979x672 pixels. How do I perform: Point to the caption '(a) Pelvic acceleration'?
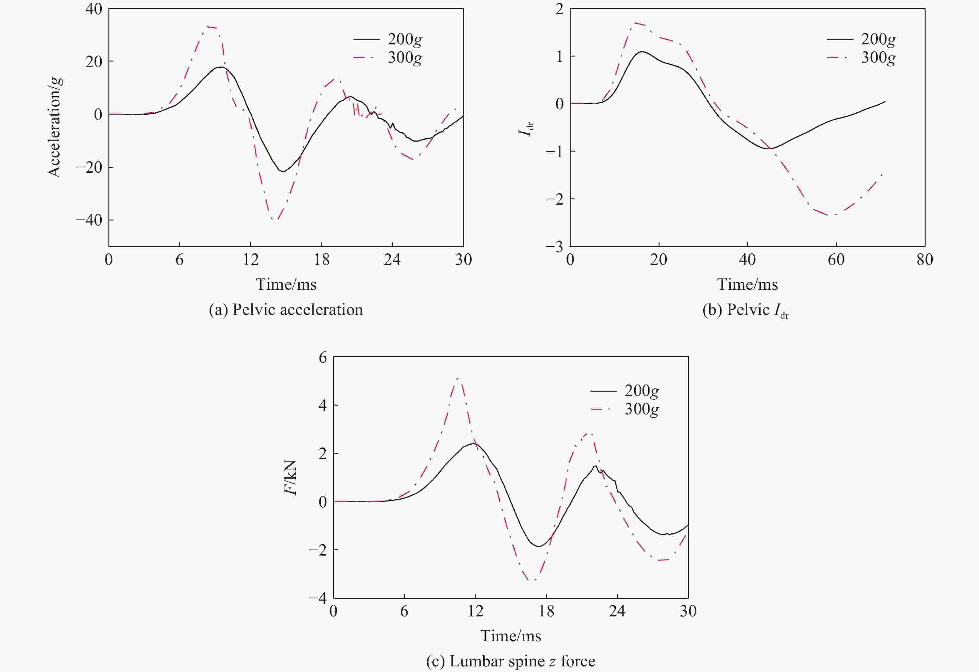pos(286,310)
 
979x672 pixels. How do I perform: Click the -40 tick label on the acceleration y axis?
pos(89,220)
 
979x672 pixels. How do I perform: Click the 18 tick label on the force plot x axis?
pos(546,611)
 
